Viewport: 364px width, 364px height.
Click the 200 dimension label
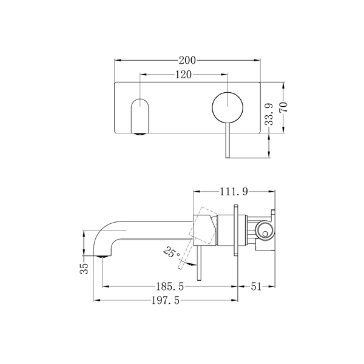coord(187,60)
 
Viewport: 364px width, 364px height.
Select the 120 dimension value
coord(183,75)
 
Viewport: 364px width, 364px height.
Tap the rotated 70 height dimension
coord(283,107)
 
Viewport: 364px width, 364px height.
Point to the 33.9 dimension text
coord(269,114)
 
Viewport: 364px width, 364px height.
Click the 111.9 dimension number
coord(234,192)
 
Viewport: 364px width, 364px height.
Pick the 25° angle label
coord(172,253)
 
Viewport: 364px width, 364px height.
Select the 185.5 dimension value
coord(170,286)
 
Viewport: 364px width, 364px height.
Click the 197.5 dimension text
coord(166,300)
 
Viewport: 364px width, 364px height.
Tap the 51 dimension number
coord(256,286)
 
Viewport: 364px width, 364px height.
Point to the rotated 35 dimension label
coord(84,269)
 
